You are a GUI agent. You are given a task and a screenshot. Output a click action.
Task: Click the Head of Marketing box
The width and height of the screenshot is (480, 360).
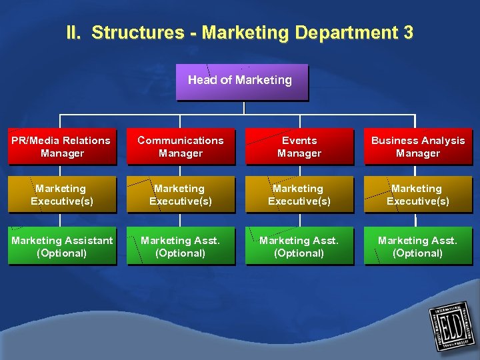pos(241,81)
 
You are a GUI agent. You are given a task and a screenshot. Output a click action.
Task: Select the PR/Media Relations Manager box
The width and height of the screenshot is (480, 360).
pos(62,147)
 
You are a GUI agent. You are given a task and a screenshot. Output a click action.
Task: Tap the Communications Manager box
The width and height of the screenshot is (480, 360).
pos(181,147)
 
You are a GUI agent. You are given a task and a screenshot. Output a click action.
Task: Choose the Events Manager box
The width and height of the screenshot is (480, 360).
pos(299,147)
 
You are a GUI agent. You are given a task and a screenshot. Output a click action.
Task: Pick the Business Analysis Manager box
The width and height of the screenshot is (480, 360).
pos(418,147)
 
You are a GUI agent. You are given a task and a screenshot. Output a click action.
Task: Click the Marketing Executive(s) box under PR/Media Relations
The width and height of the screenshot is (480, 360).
pos(62,195)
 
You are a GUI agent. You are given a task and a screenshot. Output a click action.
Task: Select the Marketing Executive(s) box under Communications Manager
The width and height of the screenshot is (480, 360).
pos(181,195)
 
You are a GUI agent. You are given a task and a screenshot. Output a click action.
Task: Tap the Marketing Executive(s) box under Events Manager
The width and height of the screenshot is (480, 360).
pos(299,195)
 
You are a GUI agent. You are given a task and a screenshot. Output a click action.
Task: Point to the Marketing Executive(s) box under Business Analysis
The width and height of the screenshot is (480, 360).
pos(418,195)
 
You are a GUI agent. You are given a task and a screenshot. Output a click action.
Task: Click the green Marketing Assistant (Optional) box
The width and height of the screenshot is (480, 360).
pos(62,247)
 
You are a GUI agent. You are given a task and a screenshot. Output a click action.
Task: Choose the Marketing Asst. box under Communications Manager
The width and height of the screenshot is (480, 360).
pos(181,247)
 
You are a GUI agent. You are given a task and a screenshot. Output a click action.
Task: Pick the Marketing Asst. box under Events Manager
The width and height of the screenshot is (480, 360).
pos(299,247)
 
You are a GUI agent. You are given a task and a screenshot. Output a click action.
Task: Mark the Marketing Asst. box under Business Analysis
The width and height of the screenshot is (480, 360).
pos(418,247)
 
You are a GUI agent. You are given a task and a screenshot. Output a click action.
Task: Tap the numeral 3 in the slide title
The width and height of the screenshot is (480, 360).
pos(408,32)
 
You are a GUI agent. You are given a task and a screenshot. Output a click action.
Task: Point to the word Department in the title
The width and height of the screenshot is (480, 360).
pos(340,32)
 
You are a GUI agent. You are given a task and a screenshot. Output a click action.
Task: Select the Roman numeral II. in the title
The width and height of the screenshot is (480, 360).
pos(74,32)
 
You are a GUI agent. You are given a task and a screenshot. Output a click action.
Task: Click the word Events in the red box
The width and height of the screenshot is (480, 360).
pos(299,141)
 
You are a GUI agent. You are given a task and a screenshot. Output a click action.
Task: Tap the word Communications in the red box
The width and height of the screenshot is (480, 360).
pos(181,141)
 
